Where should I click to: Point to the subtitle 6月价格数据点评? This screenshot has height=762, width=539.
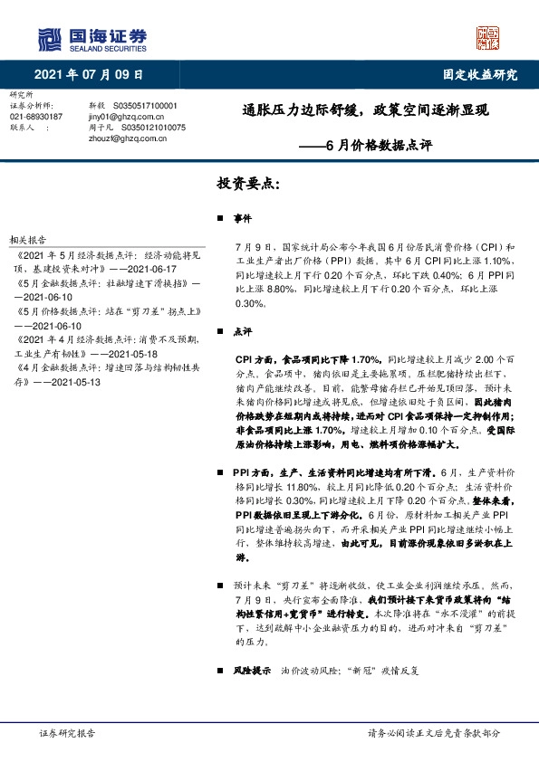pos(379,144)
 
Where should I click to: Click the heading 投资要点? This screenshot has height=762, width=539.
pos(248,183)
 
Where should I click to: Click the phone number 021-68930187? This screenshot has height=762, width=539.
pos(36,117)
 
